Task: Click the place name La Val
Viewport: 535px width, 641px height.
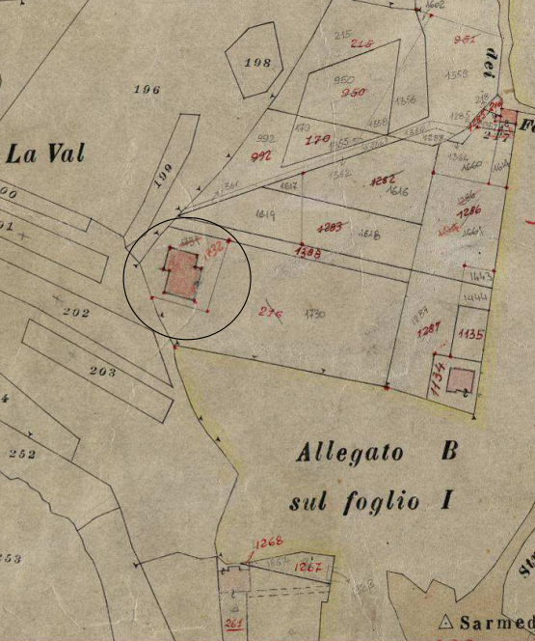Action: tap(44, 153)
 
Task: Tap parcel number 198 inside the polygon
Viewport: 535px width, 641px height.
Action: tap(257, 63)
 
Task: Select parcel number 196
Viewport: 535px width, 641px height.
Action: tap(147, 90)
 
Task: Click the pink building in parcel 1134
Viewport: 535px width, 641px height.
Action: tap(461, 381)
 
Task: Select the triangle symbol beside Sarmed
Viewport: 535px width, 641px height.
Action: tap(445, 622)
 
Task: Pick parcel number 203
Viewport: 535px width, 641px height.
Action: tap(102, 372)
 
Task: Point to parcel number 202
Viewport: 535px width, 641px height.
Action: tap(75, 313)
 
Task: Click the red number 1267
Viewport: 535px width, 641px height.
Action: tap(308, 567)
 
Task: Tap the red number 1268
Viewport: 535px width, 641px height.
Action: tap(268, 543)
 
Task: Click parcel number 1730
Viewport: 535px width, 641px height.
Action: tap(313, 315)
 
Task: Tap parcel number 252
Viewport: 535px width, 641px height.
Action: tap(20, 453)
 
